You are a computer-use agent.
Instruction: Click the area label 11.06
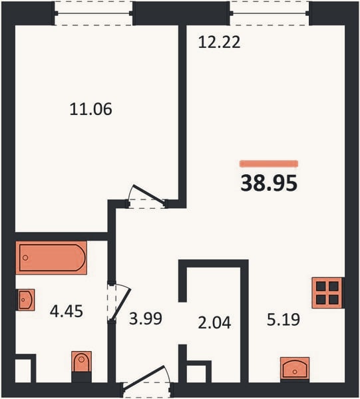[x=90, y=109]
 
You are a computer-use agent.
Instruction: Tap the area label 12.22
[x=219, y=43]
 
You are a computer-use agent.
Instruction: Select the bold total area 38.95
[x=269, y=183]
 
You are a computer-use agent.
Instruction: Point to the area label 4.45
[x=67, y=311]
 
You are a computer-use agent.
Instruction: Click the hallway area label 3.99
[x=146, y=319]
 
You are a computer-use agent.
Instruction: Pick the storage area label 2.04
[x=214, y=323]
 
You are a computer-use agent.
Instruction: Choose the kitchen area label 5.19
[x=283, y=319]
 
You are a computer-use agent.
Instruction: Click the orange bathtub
[x=51, y=258]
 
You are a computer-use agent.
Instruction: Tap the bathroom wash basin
[x=25, y=300]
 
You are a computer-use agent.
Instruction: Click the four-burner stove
[x=327, y=293]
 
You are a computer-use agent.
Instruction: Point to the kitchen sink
[x=295, y=368]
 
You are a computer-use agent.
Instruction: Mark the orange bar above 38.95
[x=269, y=164]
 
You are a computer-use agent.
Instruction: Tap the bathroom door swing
[x=119, y=303]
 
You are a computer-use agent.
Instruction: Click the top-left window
[x=93, y=13]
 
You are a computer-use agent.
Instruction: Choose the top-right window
[x=270, y=13]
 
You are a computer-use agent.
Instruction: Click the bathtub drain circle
[x=25, y=258]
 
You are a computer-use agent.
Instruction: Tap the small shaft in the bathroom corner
[x=23, y=370]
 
